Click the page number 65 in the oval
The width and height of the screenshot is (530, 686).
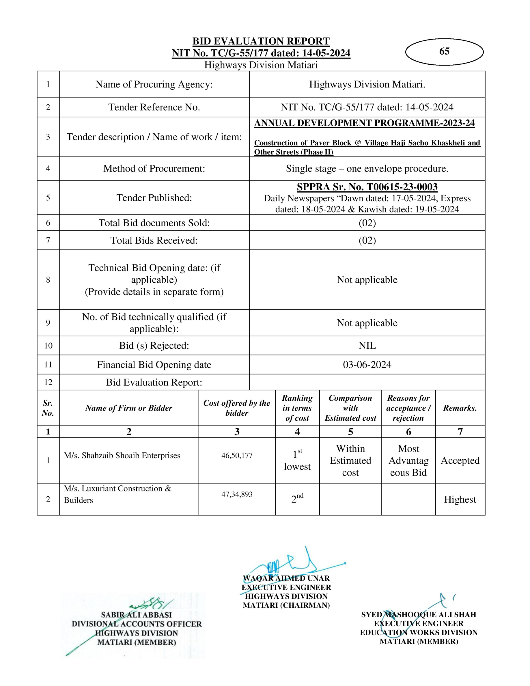pyautogui.click(x=444, y=51)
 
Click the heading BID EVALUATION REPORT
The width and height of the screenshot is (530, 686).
pyautogui.click(x=261, y=41)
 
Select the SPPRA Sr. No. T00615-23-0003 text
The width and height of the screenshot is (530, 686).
pyautogui.click(x=367, y=187)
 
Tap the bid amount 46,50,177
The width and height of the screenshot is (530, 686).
pyautogui.click(x=237, y=455)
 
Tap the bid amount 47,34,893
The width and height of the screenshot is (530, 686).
pyautogui.click(x=237, y=494)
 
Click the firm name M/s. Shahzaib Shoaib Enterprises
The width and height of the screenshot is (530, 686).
pyautogui.click(x=122, y=455)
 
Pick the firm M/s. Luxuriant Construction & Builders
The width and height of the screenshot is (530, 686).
pyautogui.click(x=117, y=494)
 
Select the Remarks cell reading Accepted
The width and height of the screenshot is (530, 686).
pyautogui.click(x=460, y=461)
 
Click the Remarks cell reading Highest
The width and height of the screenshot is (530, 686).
pyautogui.click(x=460, y=499)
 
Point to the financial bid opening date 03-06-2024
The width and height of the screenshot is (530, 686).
pyautogui.click(x=367, y=364)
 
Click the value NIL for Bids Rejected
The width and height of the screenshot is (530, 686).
pyautogui.click(x=367, y=346)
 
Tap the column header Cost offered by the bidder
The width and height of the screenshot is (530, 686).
pyautogui.click(x=237, y=408)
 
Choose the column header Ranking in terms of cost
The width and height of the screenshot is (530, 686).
pyautogui.click(x=297, y=408)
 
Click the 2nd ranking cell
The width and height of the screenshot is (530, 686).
pyautogui.click(x=297, y=499)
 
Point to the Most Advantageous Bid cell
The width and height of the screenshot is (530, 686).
pyautogui.click(x=408, y=461)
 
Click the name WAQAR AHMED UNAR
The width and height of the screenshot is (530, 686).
pyautogui.click(x=286, y=578)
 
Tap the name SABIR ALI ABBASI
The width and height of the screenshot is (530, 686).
pyautogui.click(x=136, y=615)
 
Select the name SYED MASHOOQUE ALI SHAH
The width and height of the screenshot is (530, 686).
pyautogui.click(x=419, y=614)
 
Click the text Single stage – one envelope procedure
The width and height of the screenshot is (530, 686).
pyautogui.click(x=367, y=168)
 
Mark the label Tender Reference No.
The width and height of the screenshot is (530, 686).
pyautogui.click(x=154, y=107)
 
